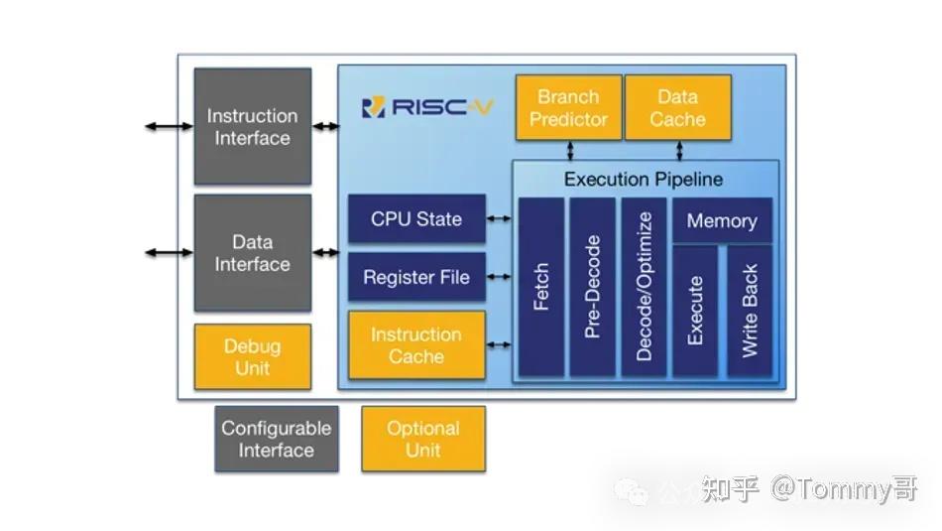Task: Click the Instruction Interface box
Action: pos(252,126)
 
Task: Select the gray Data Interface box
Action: pos(252,252)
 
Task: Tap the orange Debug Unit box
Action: pos(252,356)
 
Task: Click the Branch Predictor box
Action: pos(567,107)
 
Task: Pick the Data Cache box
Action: pos(678,107)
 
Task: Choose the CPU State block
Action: pos(416,218)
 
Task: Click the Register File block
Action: pos(416,277)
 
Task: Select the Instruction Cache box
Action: pos(416,344)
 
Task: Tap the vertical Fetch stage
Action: pos(541,287)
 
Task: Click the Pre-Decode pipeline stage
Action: pos(592,287)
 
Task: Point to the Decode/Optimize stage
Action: pos(644,287)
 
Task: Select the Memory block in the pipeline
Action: pos(722,220)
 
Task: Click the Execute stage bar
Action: pos(695,311)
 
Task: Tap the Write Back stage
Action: pos(750,311)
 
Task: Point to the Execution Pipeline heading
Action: pos(644,180)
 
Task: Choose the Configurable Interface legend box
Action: pos(276,439)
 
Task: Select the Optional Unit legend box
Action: pos(423,439)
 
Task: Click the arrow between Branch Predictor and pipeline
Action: pos(570,150)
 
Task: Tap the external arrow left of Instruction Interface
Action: pos(169,126)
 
